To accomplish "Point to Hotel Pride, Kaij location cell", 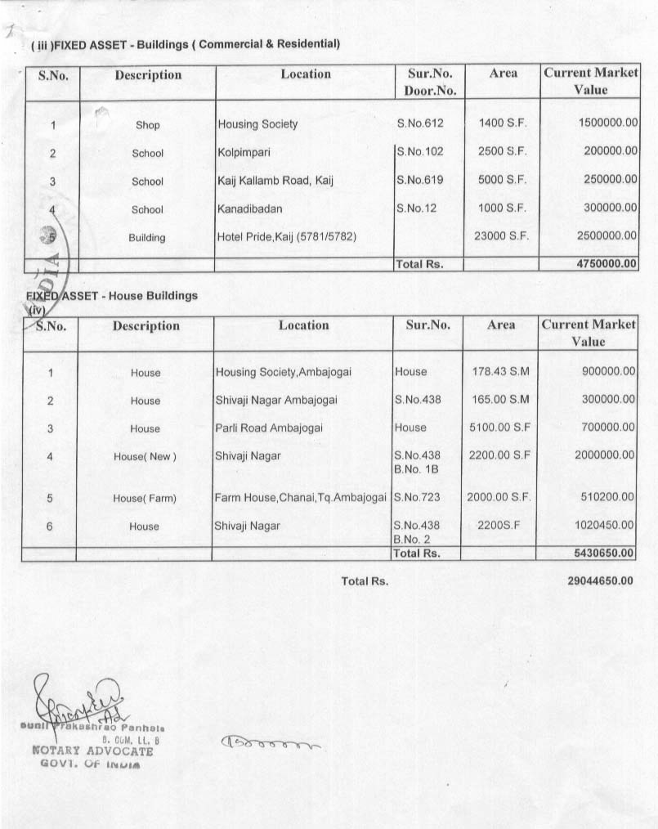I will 287,237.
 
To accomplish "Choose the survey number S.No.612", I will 419,123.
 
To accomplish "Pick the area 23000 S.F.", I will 502,236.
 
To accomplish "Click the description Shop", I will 148,125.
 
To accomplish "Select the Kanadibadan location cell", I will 250,209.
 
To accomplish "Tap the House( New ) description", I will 145,456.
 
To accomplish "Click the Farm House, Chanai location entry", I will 300,497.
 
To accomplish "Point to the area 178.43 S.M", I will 501,372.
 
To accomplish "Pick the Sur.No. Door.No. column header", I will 429,82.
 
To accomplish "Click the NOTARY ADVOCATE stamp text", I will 92,751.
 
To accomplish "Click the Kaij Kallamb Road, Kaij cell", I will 275,181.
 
